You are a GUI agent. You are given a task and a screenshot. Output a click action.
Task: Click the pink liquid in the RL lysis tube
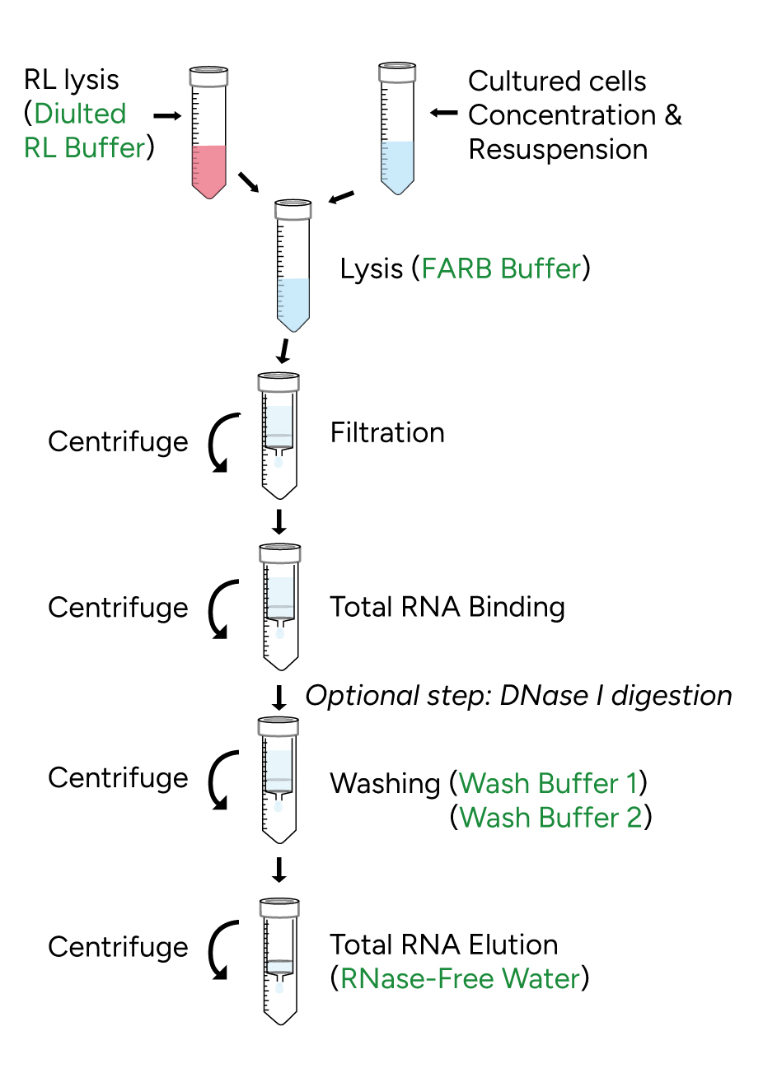pos(209,169)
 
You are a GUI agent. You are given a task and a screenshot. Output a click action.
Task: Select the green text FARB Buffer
pos(501,268)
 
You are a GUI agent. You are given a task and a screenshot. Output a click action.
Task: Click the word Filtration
pos(387,433)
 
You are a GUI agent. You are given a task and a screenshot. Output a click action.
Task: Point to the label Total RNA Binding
pos(447,607)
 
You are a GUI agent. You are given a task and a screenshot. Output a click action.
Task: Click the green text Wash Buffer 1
pos(549,783)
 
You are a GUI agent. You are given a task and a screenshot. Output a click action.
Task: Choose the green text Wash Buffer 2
pos(550,818)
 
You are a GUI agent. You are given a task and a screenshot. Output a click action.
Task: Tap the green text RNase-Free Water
pos(460,978)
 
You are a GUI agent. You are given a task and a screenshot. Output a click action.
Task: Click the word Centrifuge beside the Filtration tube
pos(118,442)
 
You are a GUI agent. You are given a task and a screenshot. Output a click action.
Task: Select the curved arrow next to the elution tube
pos(219,949)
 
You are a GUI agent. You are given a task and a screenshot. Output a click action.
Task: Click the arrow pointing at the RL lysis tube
pos(167,116)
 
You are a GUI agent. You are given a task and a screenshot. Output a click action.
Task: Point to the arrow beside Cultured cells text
pos(444,113)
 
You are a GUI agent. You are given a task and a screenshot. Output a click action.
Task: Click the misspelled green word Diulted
pos(80,114)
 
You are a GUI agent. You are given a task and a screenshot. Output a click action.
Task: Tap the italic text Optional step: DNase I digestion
pos(518,696)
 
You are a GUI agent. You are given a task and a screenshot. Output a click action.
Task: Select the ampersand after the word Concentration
pos(673,115)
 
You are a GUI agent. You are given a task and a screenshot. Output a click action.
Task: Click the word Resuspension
pos(558,150)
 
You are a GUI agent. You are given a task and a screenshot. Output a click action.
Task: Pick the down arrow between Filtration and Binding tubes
pos(279,522)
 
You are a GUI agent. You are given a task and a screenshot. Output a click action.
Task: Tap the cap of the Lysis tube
pos(293,209)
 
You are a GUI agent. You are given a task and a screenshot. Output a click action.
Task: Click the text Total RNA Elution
pos(443,945)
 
